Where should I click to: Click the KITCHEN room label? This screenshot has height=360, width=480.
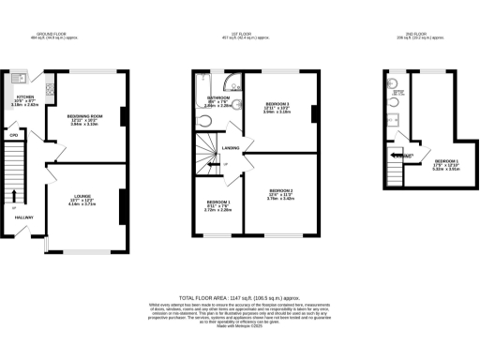pyautogui.click(x=25, y=97)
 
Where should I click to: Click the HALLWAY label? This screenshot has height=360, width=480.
pyautogui.click(x=24, y=217)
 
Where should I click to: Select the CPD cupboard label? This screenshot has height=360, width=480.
pyautogui.click(x=14, y=137)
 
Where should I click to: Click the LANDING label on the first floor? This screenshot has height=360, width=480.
pyautogui.click(x=231, y=148)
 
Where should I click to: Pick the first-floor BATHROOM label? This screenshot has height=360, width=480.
pyautogui.click(x=219, y=97)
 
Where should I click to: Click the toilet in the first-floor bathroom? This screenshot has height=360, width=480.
pyautogui.click(x=205, y=121)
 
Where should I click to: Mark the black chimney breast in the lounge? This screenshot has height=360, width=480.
pyautogui.click(x=122, y=205)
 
